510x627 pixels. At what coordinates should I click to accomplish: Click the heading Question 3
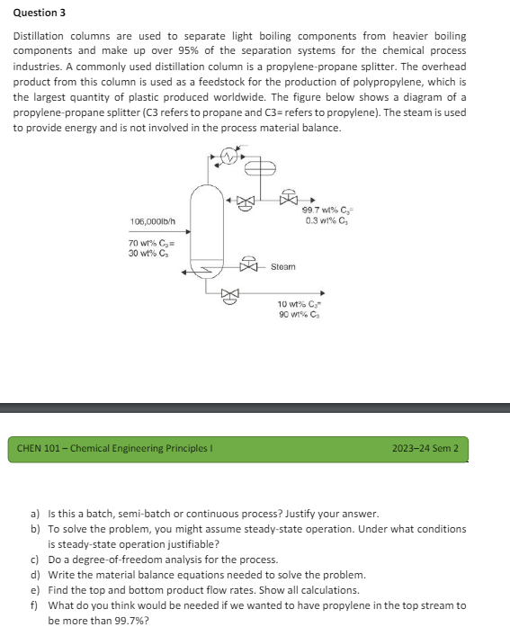click(x=39, y=13)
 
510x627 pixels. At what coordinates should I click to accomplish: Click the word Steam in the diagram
click(x=283, y=267)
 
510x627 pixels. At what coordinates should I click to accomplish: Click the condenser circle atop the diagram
click(x=230, y=159)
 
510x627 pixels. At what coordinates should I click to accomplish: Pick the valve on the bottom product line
click(x=231, y=293)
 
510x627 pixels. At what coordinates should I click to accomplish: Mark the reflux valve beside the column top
click(x=240, y=201)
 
